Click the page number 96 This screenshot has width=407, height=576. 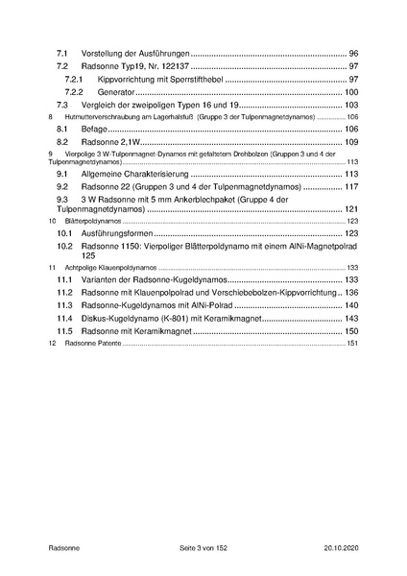(352, 52)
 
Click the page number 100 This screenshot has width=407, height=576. (350, 91)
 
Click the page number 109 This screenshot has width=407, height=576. (350, 141)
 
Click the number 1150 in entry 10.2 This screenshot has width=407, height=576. (132, 247)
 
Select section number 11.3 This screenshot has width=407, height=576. (65, 305)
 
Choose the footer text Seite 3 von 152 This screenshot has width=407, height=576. (203, 545)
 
